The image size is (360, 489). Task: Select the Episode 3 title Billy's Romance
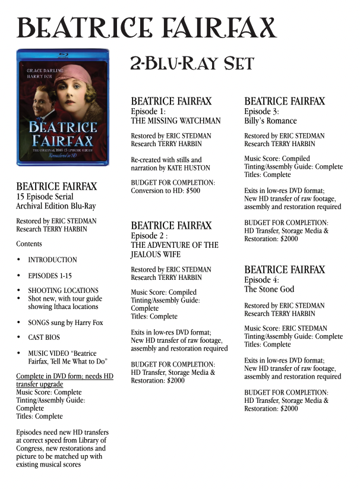tap(270, 121)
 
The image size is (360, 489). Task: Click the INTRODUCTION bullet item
tap(52, 260)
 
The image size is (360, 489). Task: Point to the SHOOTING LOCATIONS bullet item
tap(64, 291)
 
